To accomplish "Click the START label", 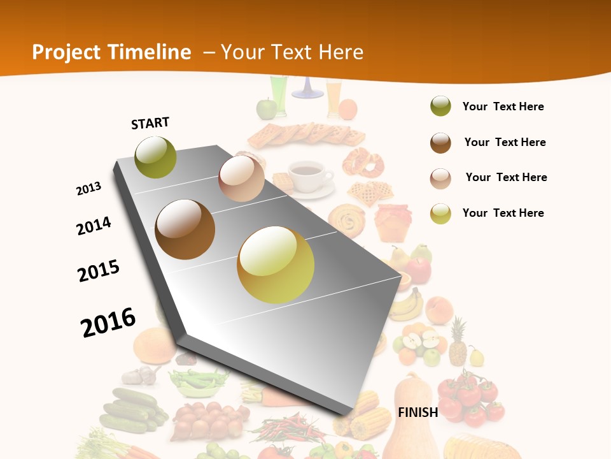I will coord(150,123).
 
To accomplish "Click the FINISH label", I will coord(418,412).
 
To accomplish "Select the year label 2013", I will coord(88,189).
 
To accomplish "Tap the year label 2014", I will coord(94,226).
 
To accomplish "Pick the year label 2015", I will coord(99,271).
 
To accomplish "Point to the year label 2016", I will coord(108,322).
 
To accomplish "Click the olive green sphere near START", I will coord(155,157).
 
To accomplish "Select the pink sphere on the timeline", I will coord(241,178).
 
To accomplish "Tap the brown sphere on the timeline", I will coord(185,229).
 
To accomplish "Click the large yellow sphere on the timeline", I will coord(276,265).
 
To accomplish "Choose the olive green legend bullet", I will coord(440,106).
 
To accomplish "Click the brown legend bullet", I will coord(440,143).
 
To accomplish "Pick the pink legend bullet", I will coord(440,178).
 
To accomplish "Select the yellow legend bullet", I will coord(440,214).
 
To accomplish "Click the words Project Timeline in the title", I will coord(111,52).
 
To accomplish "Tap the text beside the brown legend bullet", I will coord(505,142).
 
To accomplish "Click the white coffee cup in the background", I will coord(308,175).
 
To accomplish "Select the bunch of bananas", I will coord(407,304).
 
